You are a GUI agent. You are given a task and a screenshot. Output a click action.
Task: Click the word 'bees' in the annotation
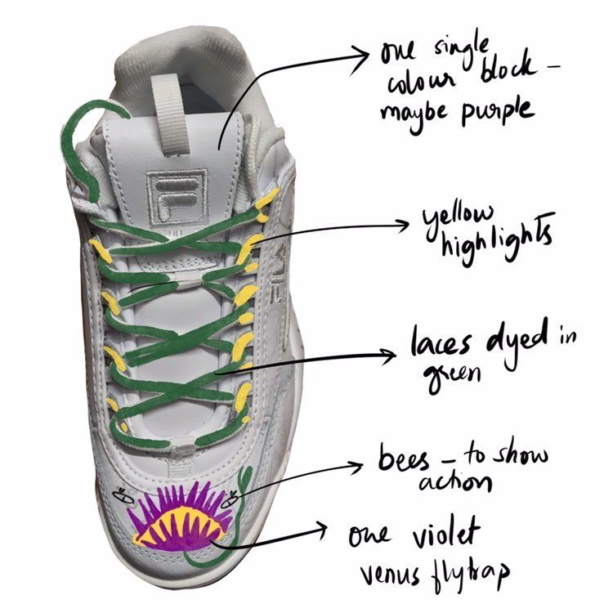pos(405,459)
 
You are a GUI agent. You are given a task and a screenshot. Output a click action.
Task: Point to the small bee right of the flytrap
pos(235,492)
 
